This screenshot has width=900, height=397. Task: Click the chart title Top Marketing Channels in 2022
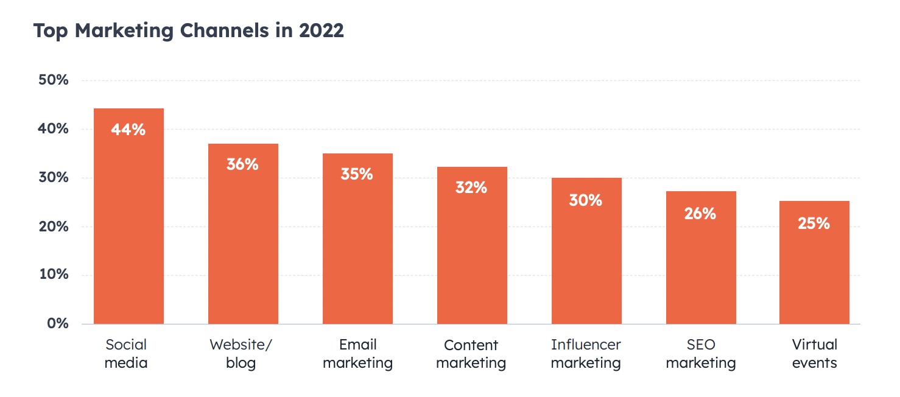coord(188,30)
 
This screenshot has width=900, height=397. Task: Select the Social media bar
coord(128,231)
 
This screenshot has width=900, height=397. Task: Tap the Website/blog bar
coord(243,244)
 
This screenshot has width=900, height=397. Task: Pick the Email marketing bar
coord(357,250)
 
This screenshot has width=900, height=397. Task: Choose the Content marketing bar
coord(472,256)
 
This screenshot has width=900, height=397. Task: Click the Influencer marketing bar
coord(586,262)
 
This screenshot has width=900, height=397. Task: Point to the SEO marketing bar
coord(701,268)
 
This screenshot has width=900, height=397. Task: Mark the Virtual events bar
coord(814,274)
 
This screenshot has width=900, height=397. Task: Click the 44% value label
coord(128,130)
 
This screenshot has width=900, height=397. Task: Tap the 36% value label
coord(243,164)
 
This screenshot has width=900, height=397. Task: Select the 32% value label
coord(472,188)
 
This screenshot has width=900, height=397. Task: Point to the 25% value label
coord(814,223)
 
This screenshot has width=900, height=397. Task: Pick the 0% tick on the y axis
coord(58,323)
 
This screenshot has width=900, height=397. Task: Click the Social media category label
coord(127,354)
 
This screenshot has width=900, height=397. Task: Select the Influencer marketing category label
coord(586,354)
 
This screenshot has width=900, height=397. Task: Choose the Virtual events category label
coord(815,354)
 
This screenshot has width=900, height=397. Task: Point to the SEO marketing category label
coord(701,354)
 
